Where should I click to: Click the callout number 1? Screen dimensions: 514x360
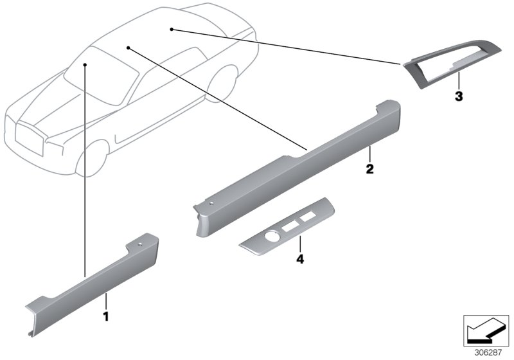click(x=105, y=316)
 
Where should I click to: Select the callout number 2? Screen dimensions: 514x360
click(x=369, y=169)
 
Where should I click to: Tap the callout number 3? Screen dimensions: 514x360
click(x=459, y=96)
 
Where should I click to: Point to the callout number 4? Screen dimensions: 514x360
click(x=299, y=259)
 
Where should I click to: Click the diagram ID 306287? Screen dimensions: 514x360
click(x=488, y=353)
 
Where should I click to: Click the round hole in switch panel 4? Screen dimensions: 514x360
click(x=271, y=236)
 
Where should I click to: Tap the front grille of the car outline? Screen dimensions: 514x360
click(x=29, y=138)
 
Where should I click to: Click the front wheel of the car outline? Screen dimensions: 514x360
click(x=93, y=159)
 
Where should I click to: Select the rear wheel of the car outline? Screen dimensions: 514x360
click(x=222, y=84)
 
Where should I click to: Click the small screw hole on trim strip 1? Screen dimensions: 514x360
click(x=140, y=244)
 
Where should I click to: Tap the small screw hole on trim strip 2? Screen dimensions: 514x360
click(x=212, y=203)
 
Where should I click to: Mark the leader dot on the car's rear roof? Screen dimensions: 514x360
click(x=171, y=30)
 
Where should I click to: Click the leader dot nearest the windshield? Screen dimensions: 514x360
click(x=85, y=65)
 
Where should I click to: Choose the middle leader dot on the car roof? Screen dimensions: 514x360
click(x=128, y=48)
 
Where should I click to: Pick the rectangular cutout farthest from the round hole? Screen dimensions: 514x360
click(x=308, y=216)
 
